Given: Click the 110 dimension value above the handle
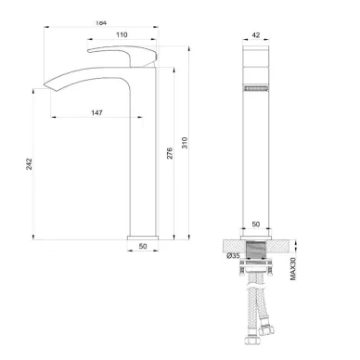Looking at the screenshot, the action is [x=122, y=34].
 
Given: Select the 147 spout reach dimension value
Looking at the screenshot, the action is [x=96, y=112].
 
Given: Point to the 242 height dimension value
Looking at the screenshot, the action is [x=29, y=164].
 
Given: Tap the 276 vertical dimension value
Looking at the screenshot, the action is [x=170, y=153].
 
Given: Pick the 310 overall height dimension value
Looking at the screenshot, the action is [x=185, y=143].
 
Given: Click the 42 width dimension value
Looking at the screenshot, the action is [x=256, y=35].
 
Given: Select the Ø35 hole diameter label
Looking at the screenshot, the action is [x=233, y=255].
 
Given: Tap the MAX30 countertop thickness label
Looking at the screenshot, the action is [x=293, y=269].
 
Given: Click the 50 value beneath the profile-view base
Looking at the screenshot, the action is [x=143, y=246].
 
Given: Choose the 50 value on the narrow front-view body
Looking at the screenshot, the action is [x=256, y=224].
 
